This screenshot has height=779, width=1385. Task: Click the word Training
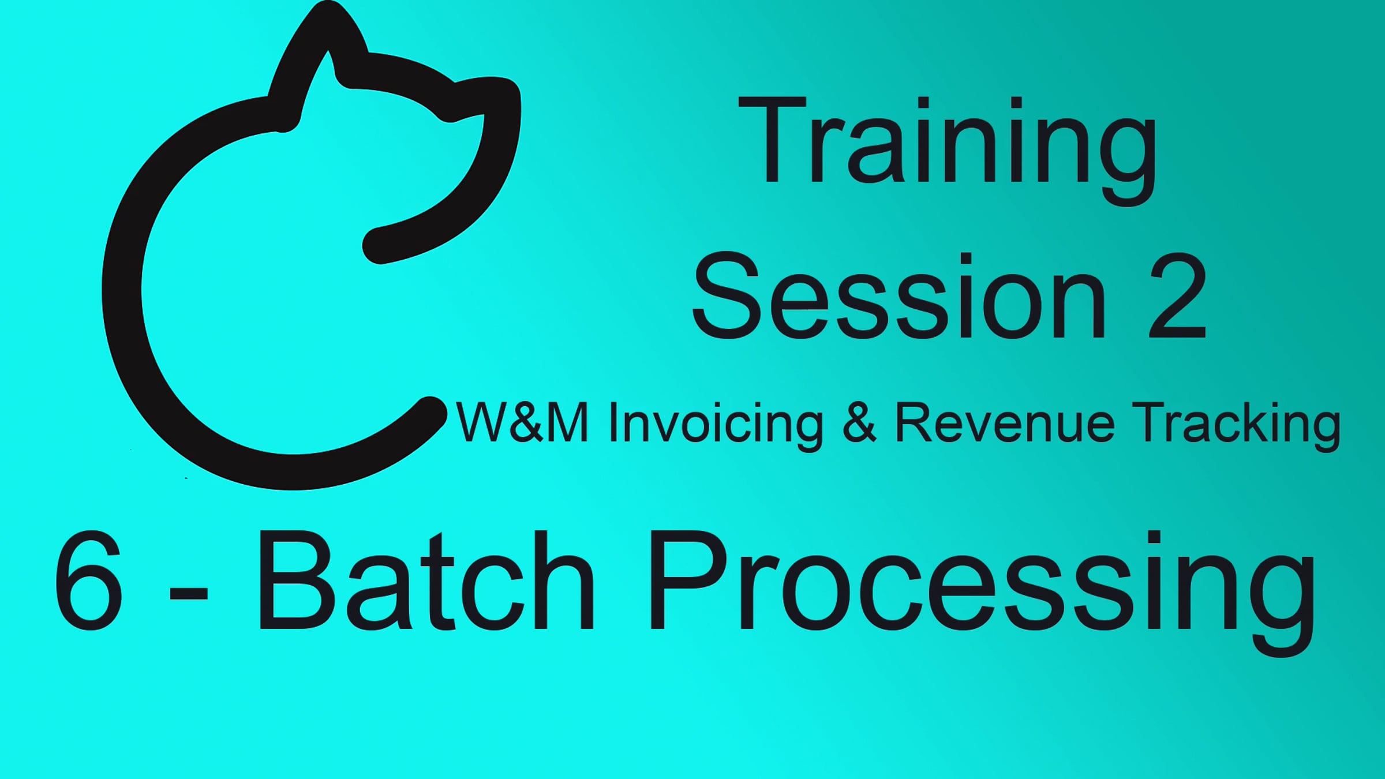click(948, 151)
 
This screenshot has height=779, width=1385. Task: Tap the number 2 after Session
click(1177, 295)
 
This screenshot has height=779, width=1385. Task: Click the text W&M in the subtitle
click(522, 422)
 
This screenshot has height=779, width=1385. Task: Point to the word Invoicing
click(716, 426)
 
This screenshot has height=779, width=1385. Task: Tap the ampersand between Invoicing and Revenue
click(859, 422)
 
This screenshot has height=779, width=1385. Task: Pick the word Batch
click(426, 580)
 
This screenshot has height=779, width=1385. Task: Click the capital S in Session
click(725, 295)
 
